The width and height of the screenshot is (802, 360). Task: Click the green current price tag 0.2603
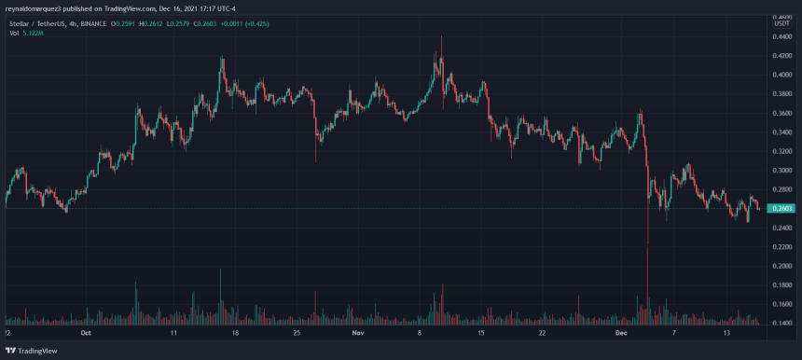tap(780, 208)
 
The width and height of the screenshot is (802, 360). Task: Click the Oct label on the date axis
tap(85, 332)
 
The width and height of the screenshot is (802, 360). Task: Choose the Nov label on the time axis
tap(357, 332)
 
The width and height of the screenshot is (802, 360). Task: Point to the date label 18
tap(235, 332)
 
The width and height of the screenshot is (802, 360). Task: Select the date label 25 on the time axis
tap(296, 332)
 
